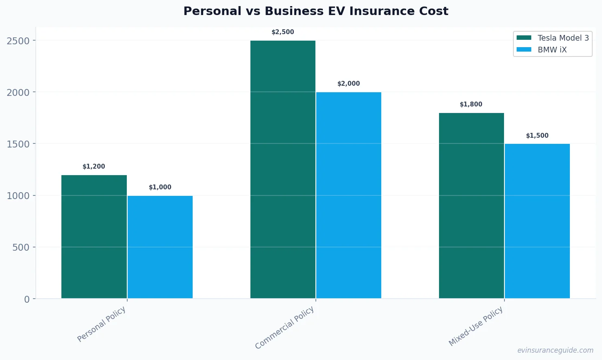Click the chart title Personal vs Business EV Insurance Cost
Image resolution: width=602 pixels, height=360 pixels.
(315, 11)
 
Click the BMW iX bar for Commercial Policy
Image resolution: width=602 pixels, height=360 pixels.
(349, 195)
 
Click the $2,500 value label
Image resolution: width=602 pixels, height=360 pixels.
(283, 32)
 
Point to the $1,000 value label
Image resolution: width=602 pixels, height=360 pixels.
(160, 187)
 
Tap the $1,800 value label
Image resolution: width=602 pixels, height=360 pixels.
(471, 104)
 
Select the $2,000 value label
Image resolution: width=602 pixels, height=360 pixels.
(349, 84)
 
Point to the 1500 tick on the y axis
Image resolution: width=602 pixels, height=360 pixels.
(18, 144)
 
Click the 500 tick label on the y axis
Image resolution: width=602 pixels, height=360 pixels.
(21, 247)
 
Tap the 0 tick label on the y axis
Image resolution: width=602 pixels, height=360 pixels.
(27, 299)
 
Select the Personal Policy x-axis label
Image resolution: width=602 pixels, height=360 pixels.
(102, 324)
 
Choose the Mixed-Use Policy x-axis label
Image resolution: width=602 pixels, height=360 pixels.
(476, 326)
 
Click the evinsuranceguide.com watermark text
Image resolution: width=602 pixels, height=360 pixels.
(555, 350)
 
